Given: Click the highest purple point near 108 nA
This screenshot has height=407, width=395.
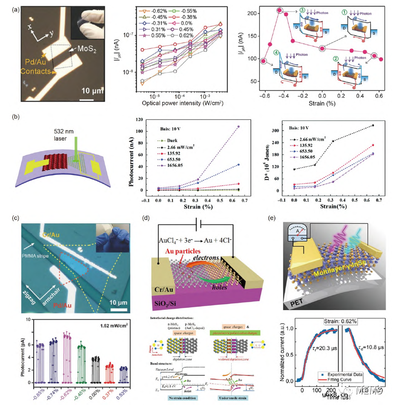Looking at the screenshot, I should coord(238,127).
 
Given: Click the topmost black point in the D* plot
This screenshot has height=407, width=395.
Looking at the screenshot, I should coord(373,125).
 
